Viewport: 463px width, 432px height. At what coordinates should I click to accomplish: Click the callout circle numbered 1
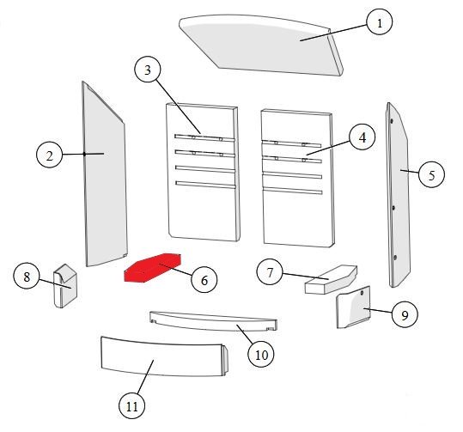tap(380, 21)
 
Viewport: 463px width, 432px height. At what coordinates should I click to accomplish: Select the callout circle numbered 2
tap(49, 155)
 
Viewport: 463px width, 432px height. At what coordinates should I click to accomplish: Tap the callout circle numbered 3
tap(148, 70)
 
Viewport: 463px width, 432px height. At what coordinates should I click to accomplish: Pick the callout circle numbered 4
tap(362, 137)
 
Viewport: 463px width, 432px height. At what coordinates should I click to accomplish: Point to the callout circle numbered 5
tap(431, 175)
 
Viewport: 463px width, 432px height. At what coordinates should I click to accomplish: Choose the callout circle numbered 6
tap(204, 280)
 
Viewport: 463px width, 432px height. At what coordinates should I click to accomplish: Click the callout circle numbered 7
tap(270, 272)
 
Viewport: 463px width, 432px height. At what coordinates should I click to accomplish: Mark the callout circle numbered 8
tap(27, 277)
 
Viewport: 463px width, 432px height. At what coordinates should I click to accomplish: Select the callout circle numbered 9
tap(405, 314)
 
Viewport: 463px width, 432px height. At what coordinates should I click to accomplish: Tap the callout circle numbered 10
tap(261, 355)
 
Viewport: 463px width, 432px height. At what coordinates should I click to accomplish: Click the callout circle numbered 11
tap(131, 405)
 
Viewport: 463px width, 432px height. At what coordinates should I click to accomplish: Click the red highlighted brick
tap(152, 267)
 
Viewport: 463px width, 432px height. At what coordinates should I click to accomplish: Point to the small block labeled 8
tap(65, 285)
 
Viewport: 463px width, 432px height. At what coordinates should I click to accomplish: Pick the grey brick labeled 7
tap(331, 280)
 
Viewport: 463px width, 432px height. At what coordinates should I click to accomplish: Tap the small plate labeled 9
tap(353, 307)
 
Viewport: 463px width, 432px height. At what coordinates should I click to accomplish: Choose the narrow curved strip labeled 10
tap(213, 321)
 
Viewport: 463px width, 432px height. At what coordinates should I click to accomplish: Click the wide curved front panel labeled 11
tap(164, 357)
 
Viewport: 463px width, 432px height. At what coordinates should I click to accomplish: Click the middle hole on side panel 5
tap(393, 208)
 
